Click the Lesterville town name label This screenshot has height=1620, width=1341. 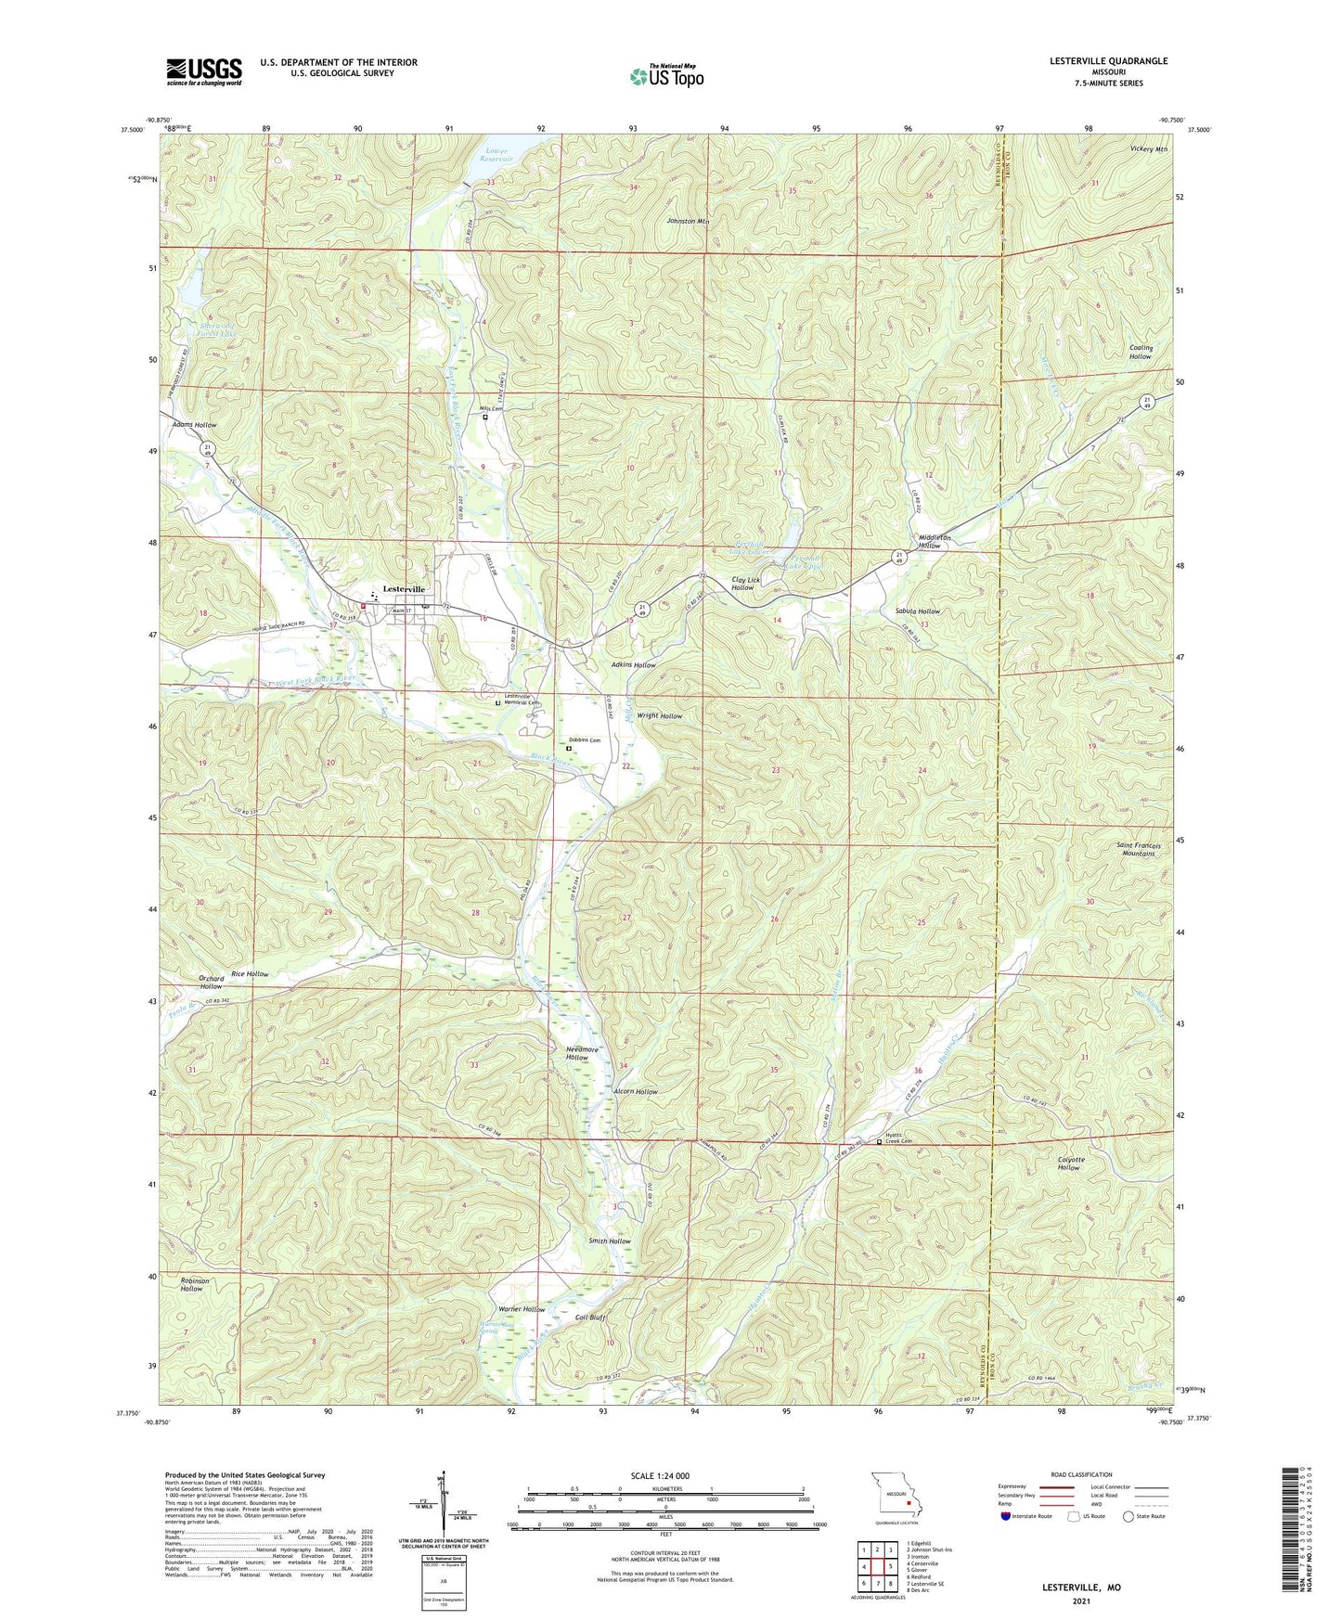[x=404, y=589]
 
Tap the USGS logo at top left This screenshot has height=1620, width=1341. [x=204, y=71]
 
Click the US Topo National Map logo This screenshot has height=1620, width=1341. [x=667, y=76]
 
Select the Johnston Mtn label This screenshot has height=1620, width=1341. [x=688, y=222]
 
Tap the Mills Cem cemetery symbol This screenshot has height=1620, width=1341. [x=485, y=418]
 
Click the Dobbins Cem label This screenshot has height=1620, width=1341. [x=585, y=740]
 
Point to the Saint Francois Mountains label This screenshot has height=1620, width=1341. [x=1136, y=849]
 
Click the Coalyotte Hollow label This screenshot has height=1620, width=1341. [x=1070, y=1164]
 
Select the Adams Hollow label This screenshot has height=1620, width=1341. [x=194, y=425]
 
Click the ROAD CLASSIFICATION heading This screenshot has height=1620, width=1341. [x=1081, y=1475]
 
